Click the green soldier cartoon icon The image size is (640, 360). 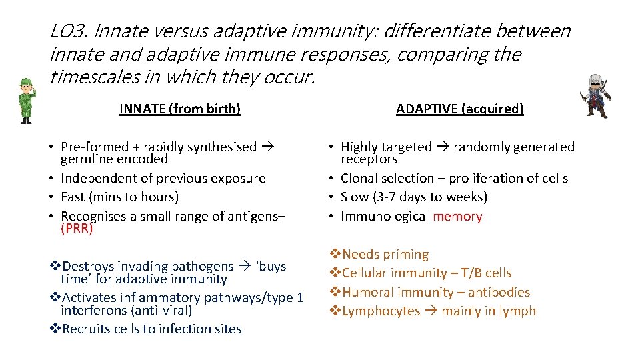point(26,101)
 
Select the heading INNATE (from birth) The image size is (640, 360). point(179,109)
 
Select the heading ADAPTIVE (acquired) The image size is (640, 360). point(459,109)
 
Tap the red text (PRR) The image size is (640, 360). point(77,229)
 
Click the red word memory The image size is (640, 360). point(457,216)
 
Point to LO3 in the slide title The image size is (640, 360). point(69,31)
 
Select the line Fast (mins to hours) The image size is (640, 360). point(120,197)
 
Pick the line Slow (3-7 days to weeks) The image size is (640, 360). point(414,197)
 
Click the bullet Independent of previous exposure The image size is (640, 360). point(163,179)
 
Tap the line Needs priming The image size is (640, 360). point(385,255)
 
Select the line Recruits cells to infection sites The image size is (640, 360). point(151,329)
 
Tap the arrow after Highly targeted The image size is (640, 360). point(443,147)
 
